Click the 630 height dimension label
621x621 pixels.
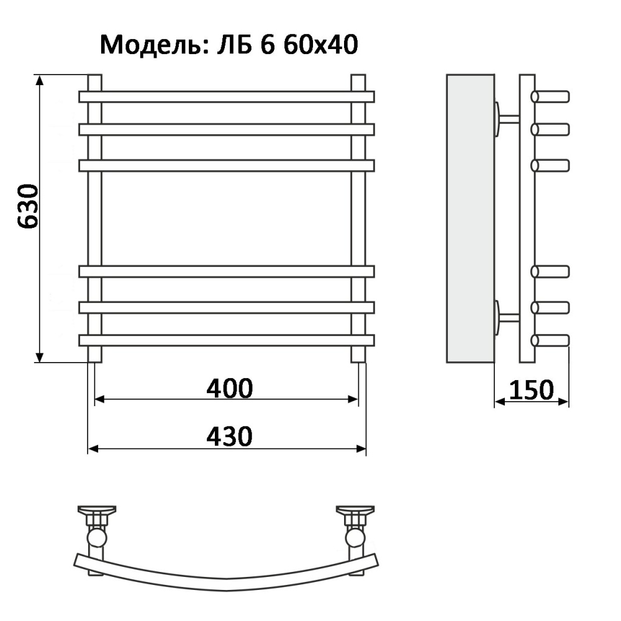(x=29, y=206)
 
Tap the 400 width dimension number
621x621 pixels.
(x=230, y=388)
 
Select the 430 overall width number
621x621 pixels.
(x=230, y=437)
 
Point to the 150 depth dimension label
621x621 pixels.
(x=531, y=390)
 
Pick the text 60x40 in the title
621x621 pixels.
(x=321, y=44)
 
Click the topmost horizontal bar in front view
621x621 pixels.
(x=227, y=97)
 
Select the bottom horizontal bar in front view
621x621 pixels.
(x=227, y=340)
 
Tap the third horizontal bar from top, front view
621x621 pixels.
(x=227, y=166)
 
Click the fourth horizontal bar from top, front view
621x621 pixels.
(x=227, y=272)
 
